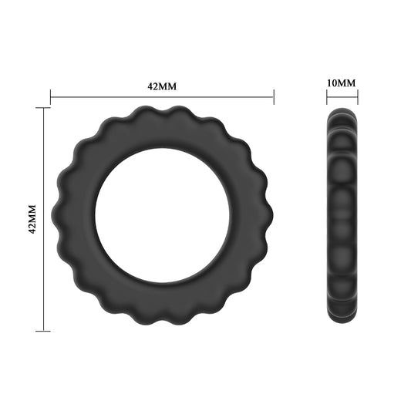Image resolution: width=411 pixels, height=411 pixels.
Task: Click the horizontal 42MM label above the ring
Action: pos(162,86)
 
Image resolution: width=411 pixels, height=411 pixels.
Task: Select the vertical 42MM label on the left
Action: pos(32,221)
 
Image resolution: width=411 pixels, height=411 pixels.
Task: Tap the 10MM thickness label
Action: pos(342,82)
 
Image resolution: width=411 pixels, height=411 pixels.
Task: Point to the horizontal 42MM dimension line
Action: pos(162,97)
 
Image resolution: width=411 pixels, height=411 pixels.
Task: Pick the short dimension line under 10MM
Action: pos(342,97)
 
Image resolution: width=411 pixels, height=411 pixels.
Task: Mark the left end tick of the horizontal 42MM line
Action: pos(51,97)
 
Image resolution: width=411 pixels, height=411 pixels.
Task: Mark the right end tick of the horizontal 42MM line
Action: pos(274,97)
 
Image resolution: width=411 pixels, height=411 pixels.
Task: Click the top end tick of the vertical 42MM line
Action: pos(43,109)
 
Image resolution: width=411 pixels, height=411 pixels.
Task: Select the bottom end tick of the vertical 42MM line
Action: pos(43,332)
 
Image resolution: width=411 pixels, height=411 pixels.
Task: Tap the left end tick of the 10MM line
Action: pos(326,97)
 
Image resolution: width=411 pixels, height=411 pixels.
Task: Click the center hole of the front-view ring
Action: pos(162,220)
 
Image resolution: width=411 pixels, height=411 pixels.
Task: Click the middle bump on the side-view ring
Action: pos(342,220)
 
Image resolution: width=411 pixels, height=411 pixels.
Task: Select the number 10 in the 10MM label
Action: pos(335,82)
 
